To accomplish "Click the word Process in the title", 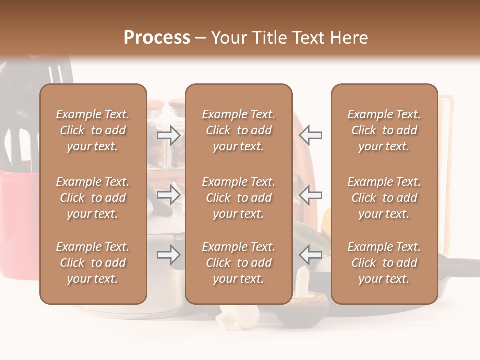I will click(x=157, y=37).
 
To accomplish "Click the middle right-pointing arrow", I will click(x=169, y=195).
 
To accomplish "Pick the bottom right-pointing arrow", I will click(x=169, y=255).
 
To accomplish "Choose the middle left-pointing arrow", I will click(x=310, y=195).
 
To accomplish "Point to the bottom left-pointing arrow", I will click(x=310, y=255).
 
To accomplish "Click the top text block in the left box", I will click(x=93, y=130).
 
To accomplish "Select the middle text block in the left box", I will click(x=93, y=198).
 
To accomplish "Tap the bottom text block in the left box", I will click(x=93, y=263).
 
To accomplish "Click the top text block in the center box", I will click(x=238, y=130).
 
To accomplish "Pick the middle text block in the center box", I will click(x=238, y=198).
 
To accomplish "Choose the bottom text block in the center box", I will click(x=238, y=263).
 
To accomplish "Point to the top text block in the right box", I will click(x=384, y=130).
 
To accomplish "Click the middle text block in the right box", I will click(x=384, y=198).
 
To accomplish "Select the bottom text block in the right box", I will click(x=384, y=263).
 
